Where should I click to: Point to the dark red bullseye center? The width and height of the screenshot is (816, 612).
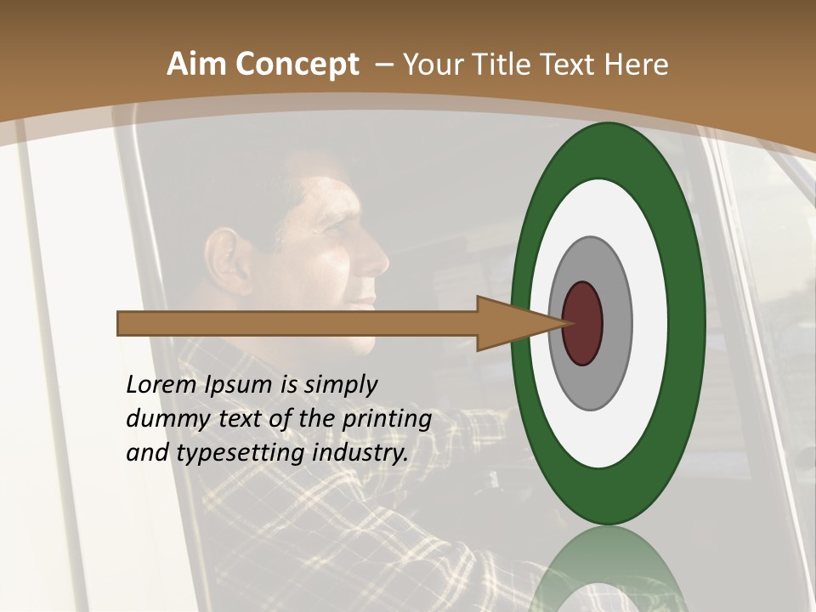pos(583,324)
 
